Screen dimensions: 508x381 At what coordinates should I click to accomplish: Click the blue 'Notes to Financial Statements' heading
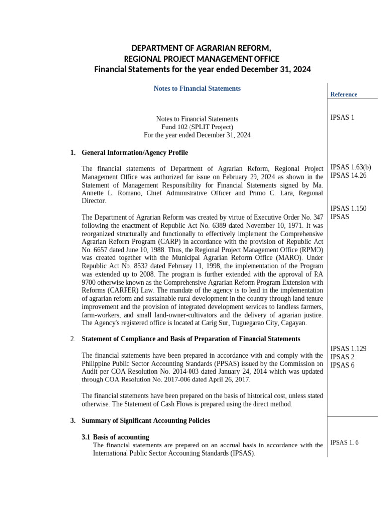click(x=197, y=88)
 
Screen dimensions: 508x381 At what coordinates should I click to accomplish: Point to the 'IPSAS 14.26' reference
click(x=348, y=175)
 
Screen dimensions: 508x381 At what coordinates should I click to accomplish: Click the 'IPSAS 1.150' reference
click(x=348, y=208)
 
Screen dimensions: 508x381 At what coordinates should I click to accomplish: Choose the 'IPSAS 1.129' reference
click(x=348, y=348)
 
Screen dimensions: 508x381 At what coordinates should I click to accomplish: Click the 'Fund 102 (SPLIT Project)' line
click(x=197, y=127)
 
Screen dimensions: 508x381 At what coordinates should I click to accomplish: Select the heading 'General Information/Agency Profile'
click(x=134, y=152)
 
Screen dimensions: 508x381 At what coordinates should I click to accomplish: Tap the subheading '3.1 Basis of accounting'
click(x=115, y=437)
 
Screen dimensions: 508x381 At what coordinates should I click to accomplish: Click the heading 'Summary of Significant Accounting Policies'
click(x=146, y=420)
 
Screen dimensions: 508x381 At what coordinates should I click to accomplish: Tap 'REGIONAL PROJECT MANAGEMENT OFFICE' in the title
click(x=202, y=59)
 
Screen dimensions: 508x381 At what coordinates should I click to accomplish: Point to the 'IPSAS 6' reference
click(x=341, y=365)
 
